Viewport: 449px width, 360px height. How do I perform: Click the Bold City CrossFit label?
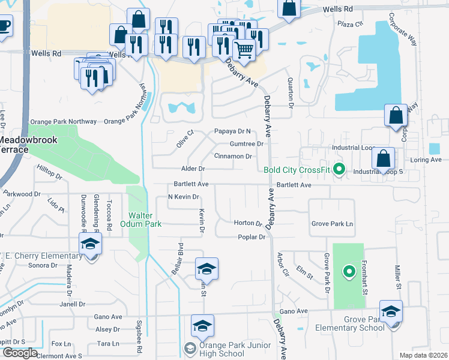(x=297, y=170)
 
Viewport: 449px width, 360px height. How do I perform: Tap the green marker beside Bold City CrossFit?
(x=339, y=170)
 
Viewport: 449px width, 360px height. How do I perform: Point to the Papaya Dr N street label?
(x=232, y=131)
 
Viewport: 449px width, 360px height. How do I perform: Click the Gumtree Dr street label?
(x=247, y=144)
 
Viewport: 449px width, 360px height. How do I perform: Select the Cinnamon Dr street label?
(x=233, y=156)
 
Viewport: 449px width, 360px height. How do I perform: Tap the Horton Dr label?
(x=248, y=223)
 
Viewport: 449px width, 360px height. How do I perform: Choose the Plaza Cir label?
(x=351, y=25)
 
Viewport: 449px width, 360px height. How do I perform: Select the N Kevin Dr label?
(x=183, y=197)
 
